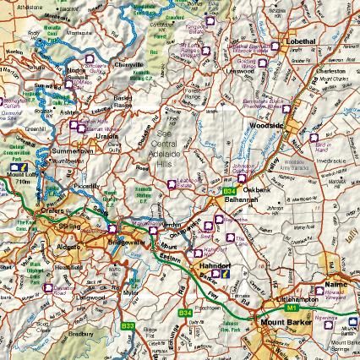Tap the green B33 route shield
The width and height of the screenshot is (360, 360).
click(x=128, y=325)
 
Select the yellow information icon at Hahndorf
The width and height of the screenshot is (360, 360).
click(x=226, y=274)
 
